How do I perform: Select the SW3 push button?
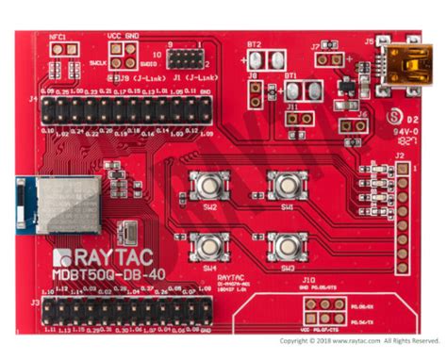285,246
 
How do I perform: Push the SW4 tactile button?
209,246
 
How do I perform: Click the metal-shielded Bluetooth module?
66,204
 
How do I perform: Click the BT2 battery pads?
254,59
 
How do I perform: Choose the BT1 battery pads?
302,90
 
